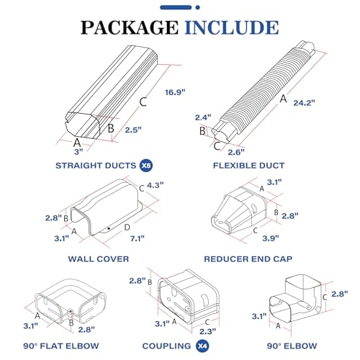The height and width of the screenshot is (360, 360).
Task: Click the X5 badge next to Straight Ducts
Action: [145, 165]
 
